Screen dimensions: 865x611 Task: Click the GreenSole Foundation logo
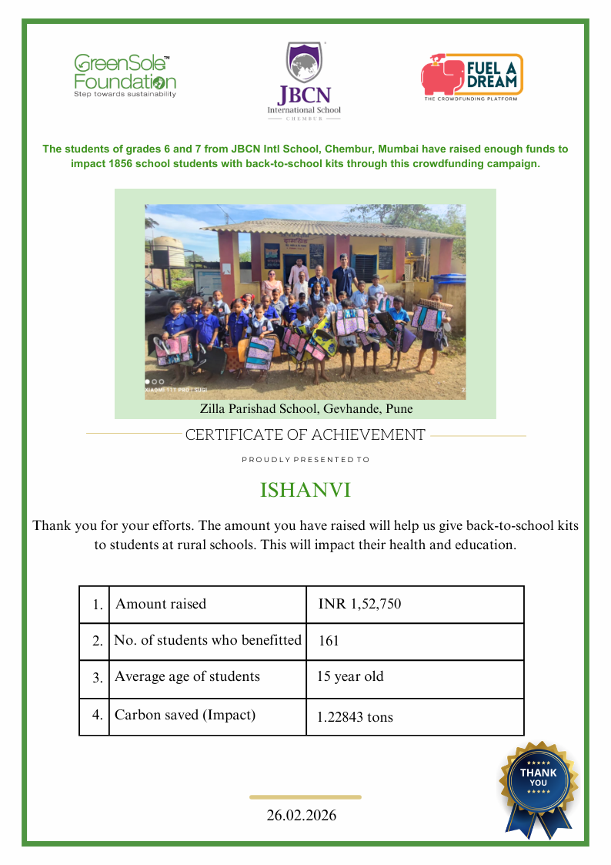pyautogui.click(x=125, y=75)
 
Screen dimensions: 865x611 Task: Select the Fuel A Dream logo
pyautogui.click(x=471, y=75)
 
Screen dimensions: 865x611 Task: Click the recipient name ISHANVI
pyautogui.click(x=305, y=491)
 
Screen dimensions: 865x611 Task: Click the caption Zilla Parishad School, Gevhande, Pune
pyautogui.click(x=306, y=409)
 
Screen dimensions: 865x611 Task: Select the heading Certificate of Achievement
pyautogui.click(x=305, y=435)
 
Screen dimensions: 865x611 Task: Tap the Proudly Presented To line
pyautogui.click(x=305, y=460)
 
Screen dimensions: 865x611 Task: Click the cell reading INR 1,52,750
pyautogui.click(x=359, y=605)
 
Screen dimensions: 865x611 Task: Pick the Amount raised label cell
pyautogui.click(x=161, y=605)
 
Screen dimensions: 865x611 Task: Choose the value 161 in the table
pyautogui.click(x=329, y=641)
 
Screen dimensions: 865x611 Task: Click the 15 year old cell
pyautogui.click(x=350, y=677)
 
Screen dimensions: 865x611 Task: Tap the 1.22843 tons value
pyautogui.click(x=355, y=717)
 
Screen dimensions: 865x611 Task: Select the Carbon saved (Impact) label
pyautogui.click(x=185, y=715)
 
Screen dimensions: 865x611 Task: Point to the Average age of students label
pyautogui.click(x=187, y=677)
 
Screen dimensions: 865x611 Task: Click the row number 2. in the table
pyautogui.click(x=97, y=641)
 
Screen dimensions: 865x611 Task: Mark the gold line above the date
pyautogui.click(x=305, y=797)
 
